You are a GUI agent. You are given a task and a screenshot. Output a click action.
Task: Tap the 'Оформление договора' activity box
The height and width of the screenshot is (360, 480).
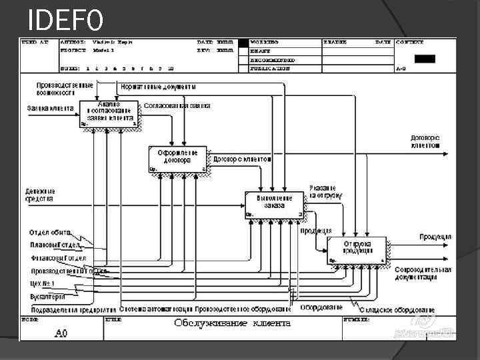tap(177, 159)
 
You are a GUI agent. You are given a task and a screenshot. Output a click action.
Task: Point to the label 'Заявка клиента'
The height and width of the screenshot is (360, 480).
tap(50, 108)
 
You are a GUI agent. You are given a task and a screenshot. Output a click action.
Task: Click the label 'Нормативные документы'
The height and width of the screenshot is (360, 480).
tap(159, 87)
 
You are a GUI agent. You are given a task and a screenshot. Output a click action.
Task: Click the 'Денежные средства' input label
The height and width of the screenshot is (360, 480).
tap(40, 195)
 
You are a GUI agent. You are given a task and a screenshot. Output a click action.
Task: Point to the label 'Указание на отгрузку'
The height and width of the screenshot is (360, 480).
tap(325, 192)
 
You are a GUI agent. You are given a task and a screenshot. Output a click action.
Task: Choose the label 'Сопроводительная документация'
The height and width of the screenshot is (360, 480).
tap(423, 273)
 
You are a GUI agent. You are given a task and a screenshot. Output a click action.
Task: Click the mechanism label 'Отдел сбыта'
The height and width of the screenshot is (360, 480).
tap(49, 233)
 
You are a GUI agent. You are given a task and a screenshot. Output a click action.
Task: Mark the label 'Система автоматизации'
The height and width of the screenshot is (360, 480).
tap(156, 309)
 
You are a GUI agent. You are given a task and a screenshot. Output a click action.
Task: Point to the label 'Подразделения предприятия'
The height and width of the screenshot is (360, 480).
tap(69, 309)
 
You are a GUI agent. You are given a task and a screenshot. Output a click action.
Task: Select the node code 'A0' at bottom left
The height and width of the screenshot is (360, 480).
tap(61, 331)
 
